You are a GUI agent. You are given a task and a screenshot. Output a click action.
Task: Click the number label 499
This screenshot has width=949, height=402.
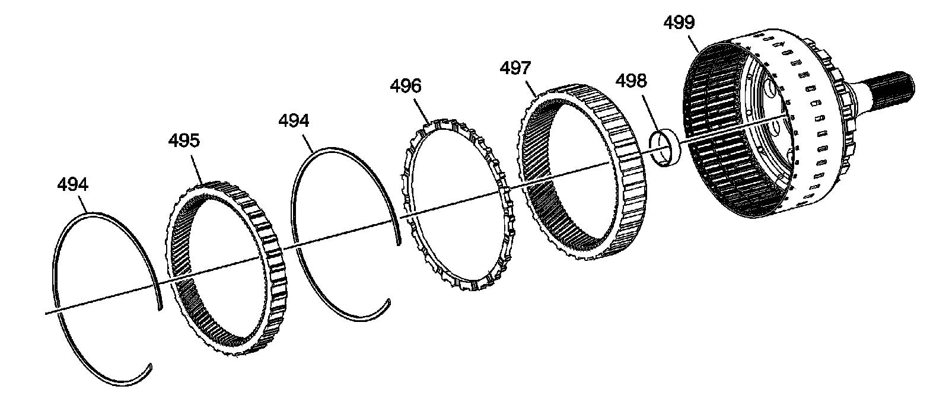680,23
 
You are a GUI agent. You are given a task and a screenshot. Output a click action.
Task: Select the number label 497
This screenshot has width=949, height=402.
516,68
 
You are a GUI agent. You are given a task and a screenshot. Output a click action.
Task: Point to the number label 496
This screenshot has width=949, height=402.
406,85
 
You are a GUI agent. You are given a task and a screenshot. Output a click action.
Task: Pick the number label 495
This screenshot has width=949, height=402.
184,141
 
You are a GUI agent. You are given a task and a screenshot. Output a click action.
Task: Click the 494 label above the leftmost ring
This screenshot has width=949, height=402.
73,184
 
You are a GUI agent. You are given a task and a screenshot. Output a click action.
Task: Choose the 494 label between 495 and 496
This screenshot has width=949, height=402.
294,121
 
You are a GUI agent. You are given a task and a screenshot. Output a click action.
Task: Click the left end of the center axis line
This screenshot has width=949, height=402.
46,313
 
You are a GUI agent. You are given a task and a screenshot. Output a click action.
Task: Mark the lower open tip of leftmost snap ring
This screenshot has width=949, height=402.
150,365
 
